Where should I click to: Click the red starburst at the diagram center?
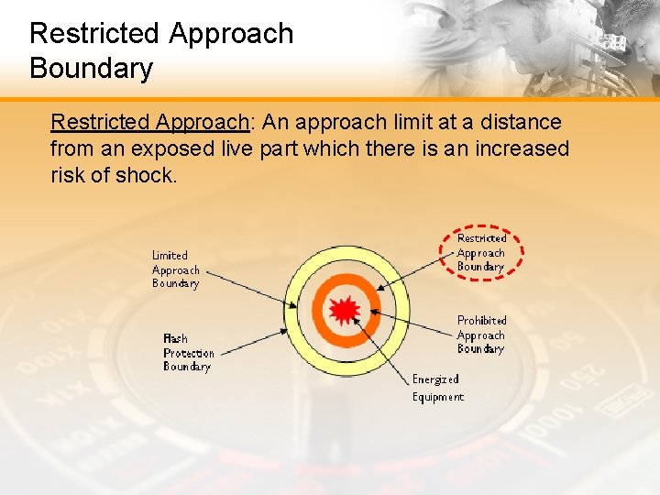click(x=344, y=312)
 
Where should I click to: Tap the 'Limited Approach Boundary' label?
click(x=175, y=269)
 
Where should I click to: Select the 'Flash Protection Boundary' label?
click(x=188, y=353)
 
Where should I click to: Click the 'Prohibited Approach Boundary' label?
click(x=481, y=335)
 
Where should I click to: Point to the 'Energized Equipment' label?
click(x=437, y=388)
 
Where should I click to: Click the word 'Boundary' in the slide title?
click(x=91, y=68)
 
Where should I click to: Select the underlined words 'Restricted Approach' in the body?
click(x=150, y=122)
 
